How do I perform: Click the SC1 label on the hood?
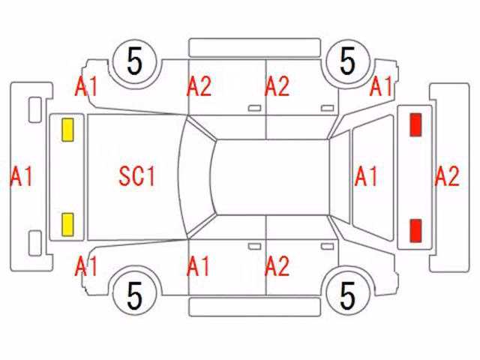click(x=136, y=176)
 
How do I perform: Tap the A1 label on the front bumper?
click(x=21, y=177)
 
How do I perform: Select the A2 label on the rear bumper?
click(x=447, y=176)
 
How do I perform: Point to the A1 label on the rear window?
click(x=366, y=177)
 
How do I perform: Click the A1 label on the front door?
click(x=198, y=266)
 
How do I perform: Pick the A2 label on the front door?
click(x=199, y=87)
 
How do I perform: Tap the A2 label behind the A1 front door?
click(x=277, y=266)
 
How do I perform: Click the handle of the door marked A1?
click(x=254, y=247)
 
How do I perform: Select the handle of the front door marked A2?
click(x=254, y=108)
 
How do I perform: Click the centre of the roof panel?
click(x=271, y=177)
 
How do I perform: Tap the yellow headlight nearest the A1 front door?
click(x=67, y=225)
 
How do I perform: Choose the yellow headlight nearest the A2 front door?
click(x=67, y=130)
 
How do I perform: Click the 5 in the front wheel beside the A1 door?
click(x=135, y=295)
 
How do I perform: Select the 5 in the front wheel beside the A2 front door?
click(x=135, y=61)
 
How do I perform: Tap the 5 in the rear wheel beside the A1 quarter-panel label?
click(x=348, y=61)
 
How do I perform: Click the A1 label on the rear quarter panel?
click(x=381, y=87)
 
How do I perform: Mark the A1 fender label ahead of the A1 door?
click(x=86, y=266)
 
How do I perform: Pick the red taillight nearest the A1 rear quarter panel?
click(x=415, y=124)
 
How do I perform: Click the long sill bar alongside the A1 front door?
click(x=255, y=307)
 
